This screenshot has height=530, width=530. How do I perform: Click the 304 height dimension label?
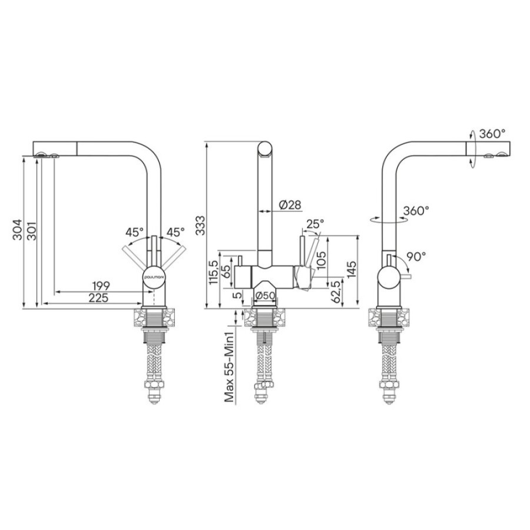coord(17,230)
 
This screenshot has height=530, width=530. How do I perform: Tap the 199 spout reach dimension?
coord(101,286)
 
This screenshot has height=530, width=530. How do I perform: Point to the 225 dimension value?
coord(98,298)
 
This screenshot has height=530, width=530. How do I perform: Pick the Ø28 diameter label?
coord(290,204)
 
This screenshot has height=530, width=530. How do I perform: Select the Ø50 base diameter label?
coord(265,296)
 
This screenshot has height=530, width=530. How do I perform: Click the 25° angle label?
coord(315,223)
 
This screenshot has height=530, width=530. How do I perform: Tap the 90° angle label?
coord(416,257)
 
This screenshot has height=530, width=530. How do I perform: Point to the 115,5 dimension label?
coord(213,273)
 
